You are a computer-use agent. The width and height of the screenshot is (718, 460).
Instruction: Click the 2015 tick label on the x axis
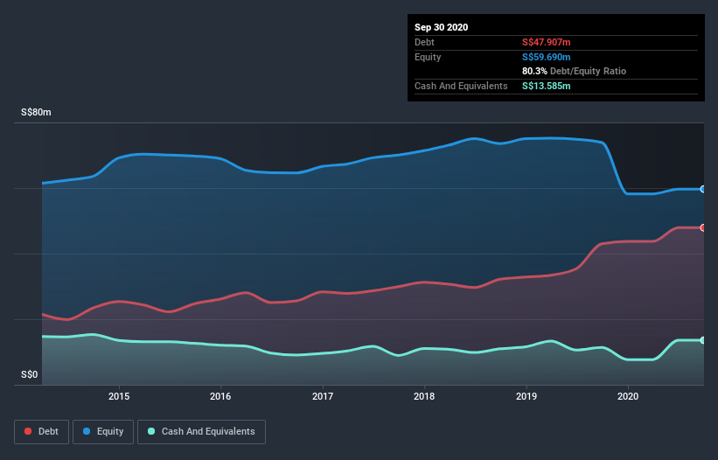(119, 395)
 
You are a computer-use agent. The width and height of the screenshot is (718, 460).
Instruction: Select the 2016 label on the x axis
(221, 395)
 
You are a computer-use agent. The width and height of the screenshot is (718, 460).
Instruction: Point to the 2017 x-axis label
(323, 395)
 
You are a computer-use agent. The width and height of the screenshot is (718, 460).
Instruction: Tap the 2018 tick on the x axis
(424, 395)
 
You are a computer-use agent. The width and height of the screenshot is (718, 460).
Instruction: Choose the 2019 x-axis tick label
(526, 395)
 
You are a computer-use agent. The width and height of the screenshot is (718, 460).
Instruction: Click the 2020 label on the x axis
(628, 395)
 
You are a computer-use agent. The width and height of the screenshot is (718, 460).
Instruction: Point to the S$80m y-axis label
(37, 113)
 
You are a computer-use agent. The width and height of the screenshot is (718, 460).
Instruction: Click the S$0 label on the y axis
(31, 375)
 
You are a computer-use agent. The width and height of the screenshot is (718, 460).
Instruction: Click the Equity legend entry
(103, 431)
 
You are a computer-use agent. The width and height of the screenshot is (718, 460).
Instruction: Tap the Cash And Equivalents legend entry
(201, 431)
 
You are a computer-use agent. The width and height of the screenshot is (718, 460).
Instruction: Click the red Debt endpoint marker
(702, 227)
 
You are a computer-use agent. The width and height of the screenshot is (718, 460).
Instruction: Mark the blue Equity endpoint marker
(702, 189)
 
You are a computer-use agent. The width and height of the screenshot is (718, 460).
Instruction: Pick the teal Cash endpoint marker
(702, 340)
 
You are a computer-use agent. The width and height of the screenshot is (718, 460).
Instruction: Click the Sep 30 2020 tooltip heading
(442, 27)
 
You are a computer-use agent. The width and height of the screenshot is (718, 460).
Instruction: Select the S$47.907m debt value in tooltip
(547, 42)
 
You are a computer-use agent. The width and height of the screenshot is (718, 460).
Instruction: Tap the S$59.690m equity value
(547, 57)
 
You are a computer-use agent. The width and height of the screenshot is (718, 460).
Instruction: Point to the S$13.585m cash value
(547, 86)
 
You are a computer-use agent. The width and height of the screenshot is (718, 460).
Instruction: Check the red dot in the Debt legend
(29, 431)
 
